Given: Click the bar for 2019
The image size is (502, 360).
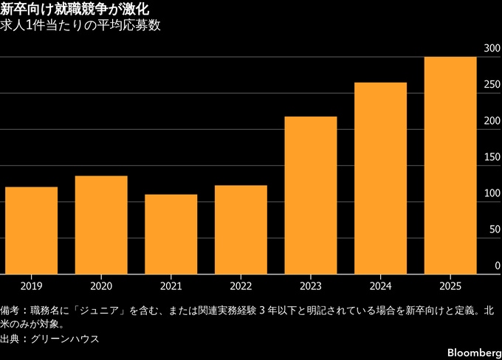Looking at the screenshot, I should (31, 229).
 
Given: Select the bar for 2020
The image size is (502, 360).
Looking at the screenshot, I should (101, 224).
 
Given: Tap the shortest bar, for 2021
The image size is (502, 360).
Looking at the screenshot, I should (171, 233).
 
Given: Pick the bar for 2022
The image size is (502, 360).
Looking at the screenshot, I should (241, 229).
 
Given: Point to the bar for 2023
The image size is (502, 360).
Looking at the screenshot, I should (311, 195).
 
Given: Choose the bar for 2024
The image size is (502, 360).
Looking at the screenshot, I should (381, 177).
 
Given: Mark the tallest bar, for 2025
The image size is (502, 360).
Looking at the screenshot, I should (450, 165).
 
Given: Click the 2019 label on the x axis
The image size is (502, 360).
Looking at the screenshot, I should (31, 284).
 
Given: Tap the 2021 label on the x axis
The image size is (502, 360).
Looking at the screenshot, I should (171, 284).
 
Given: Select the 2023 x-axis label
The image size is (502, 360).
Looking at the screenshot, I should (311, 284).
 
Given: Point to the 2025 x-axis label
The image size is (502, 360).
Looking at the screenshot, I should (450, 284).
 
